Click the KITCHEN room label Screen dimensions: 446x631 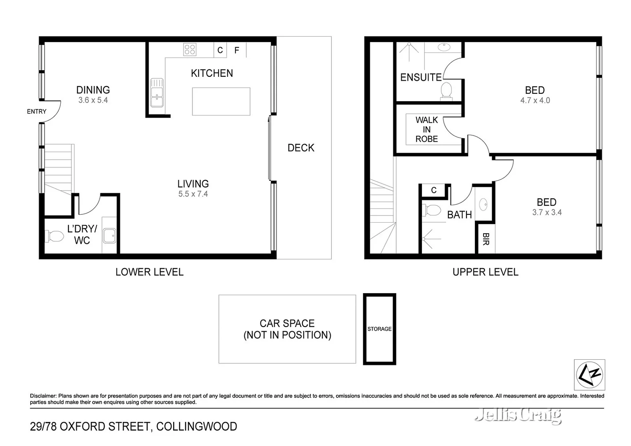[212, 73]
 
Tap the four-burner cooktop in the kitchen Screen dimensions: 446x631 [190, 50]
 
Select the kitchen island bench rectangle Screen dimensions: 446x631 [221, 101]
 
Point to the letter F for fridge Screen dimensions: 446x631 [237, 50]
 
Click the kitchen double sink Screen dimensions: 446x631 [157, 93]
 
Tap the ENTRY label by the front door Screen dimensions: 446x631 [37, 111]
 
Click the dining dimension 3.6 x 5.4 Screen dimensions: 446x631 [93, 100]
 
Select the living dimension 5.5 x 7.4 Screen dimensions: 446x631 [193, 194]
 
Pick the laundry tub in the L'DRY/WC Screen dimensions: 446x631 [110, 236]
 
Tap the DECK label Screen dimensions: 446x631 [301, 148]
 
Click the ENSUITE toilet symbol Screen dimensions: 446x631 [446, 90]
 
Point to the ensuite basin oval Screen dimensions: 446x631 [444, 47]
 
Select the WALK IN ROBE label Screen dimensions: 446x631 [426, 129]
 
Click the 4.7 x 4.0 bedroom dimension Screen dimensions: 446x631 [535, 100]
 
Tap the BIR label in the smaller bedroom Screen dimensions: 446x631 [486, 239]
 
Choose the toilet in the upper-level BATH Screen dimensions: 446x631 [431, 210]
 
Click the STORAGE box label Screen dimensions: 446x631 [379, 329]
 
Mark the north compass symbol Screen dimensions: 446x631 [589, 375]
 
